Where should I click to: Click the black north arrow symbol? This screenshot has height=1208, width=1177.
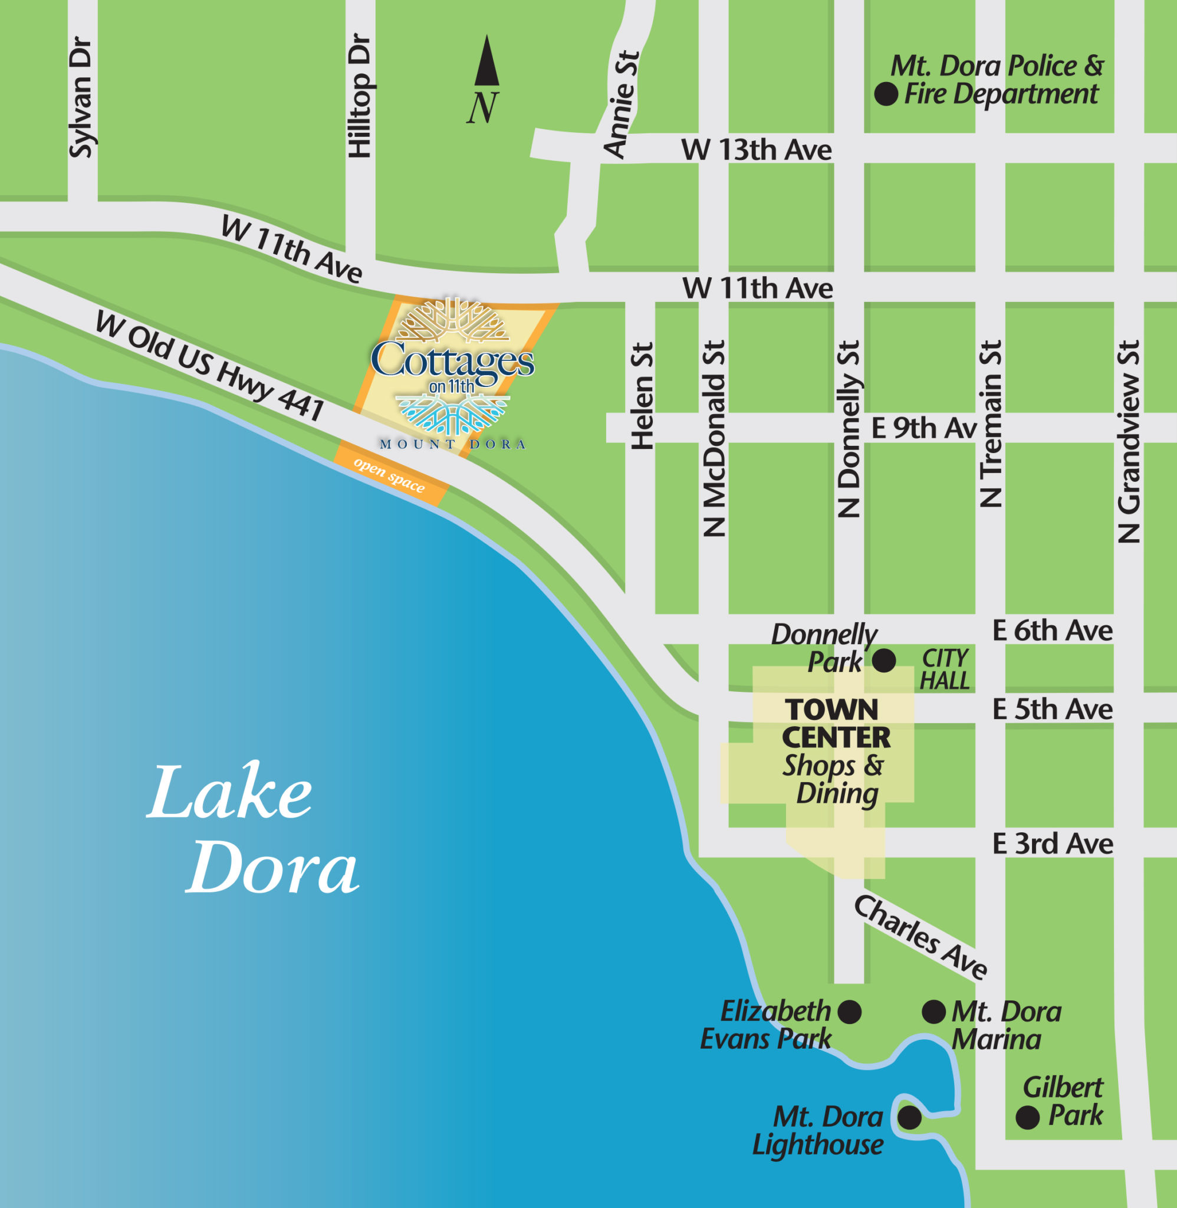click(486, 62)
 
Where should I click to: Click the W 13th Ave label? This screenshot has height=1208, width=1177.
click(756, 150)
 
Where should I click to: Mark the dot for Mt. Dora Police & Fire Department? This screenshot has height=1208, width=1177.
click(886, 94)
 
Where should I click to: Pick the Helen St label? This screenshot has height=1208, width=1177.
click(642, 396)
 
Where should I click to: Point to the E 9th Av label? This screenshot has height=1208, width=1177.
click(923, 428)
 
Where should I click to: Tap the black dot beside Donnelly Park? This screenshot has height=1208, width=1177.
click(883, 660)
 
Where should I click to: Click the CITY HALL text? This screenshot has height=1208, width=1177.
click(945, 669)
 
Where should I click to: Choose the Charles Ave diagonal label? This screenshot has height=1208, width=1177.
click(920, 937)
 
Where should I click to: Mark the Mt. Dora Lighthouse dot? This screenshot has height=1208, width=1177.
click(909, 1118)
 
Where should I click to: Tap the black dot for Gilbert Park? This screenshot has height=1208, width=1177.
click(1027, 1118)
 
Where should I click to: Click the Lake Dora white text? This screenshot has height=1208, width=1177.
click(252, 830)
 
